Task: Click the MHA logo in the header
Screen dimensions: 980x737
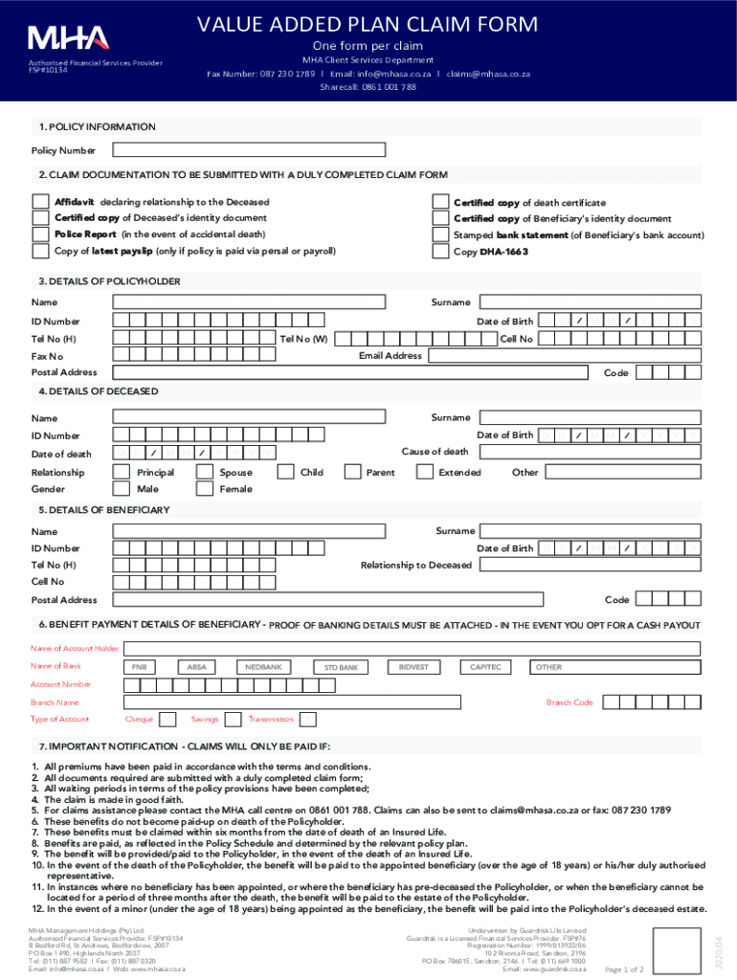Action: (x=69, y=39)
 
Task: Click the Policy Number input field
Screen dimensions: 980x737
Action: (x=249, y=150)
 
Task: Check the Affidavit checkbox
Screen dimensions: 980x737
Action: (x=40, y=202)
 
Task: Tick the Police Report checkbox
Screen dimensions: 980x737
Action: (x=40, y=234)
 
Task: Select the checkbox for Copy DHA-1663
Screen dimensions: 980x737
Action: (x=439, y=252)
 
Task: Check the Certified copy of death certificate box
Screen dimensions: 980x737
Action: (x=439, y=202)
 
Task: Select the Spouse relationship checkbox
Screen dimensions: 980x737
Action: (x=203, y=472)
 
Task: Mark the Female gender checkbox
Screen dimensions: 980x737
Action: (x=203, y=489)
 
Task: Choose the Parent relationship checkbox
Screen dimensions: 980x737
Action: (x=351, y=472)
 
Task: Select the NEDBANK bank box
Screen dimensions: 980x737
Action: (x=263, y=666)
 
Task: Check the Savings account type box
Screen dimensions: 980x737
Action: (x=234, y=719)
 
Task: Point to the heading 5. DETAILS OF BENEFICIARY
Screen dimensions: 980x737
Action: (x=104, y=509)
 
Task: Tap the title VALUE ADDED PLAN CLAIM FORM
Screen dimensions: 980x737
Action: (x=368, y=24)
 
